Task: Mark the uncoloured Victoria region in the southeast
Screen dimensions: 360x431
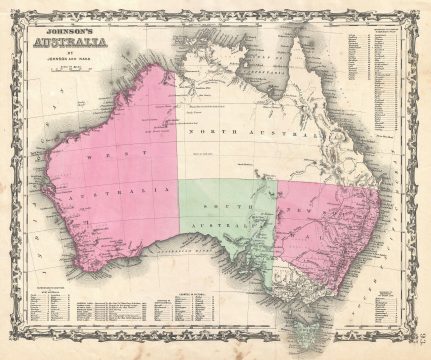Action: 300,272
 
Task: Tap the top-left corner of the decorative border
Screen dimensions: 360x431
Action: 8,8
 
